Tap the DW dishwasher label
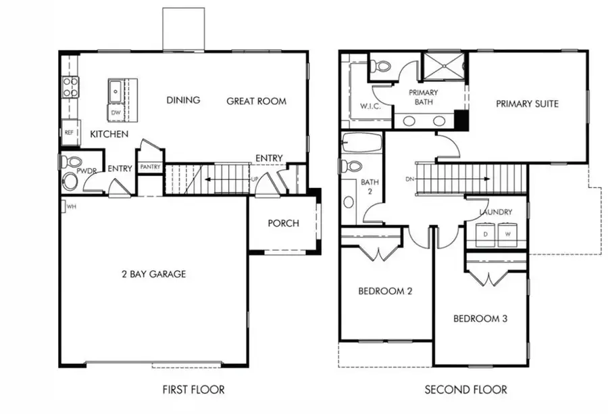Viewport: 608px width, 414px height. point(116,112)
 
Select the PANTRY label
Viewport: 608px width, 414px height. point(150,166)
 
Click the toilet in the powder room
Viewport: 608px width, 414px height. point(70,162)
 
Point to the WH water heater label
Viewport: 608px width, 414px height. point(71,206)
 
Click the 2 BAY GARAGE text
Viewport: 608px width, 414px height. point(153,274)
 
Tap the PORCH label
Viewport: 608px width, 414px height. point(283,223)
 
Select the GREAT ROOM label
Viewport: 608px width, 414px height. point(256,101)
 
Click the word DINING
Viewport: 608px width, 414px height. point(183,100)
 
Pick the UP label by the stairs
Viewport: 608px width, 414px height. point(255,179)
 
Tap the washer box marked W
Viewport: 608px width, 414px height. point(507,234)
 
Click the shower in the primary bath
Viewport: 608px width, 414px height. point(444,66)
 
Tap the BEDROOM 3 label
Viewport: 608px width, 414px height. point(480,319)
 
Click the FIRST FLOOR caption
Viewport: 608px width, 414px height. point(193,390)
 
